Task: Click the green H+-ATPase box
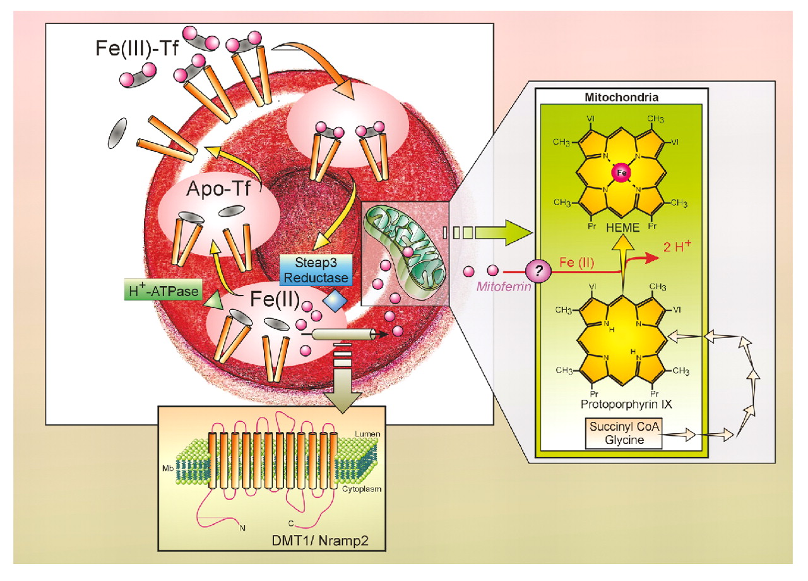tap(160, 291)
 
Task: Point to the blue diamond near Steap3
tap(334, 301)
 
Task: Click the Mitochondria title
tap(622, 99)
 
